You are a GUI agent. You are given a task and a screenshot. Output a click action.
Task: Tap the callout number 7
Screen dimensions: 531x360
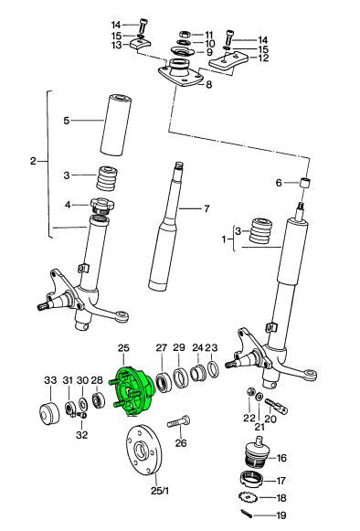[206, 208]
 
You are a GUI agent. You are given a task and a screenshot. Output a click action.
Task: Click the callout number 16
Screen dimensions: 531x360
[281, 458]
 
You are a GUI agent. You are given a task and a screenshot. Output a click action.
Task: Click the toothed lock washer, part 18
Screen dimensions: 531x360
[245, 499]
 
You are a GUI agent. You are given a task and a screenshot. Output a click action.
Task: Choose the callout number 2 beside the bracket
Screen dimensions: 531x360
[33, 162]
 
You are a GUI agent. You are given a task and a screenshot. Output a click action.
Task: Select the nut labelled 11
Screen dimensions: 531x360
[183, 34]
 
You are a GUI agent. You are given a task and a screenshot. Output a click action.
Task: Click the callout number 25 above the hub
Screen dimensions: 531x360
[124, 348]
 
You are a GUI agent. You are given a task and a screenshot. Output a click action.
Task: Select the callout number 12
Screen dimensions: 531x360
[264, 58]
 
